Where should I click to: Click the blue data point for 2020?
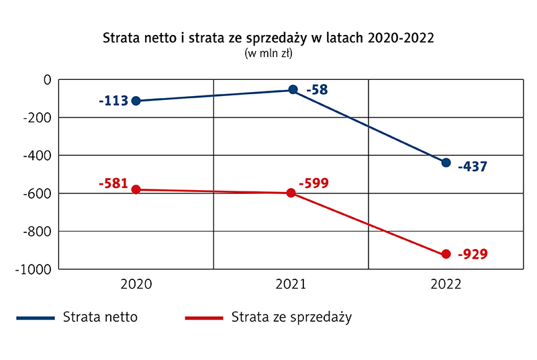click(x=136, y=101)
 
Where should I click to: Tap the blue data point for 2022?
click(x=446, y=163)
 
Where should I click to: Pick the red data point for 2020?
click(x=136, y=189)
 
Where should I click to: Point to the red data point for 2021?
click(x=291, y=193)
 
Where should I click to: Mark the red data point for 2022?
click(x=446, y=254)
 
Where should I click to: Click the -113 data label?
click(x=113, y=101)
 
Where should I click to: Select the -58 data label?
click(x=317, y=89)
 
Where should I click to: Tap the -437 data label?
click(x=473, y=167)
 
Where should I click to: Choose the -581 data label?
click(x=113, y=183)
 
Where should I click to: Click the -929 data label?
click(x=473, y=255)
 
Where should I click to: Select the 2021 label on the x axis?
click(x=291, y=284)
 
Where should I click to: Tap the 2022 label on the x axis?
click(x=446, y=284)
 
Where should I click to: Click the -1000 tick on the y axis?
click(x=34, y=269)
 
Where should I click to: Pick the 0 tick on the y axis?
click(x=47, y=80)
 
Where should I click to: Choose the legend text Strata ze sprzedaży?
click(x=291, y=317)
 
